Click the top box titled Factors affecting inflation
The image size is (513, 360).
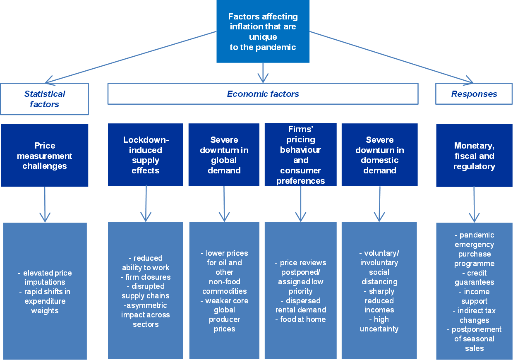point(263,31)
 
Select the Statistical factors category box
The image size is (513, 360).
point(45,99)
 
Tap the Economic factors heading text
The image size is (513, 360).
point(263,94)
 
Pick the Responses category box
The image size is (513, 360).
point(474,94)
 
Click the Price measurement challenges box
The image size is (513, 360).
point(45,156)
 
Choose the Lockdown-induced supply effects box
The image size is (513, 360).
point(146,155)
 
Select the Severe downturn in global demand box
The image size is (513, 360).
point(224,155)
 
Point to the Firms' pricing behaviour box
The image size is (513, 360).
point(301,155)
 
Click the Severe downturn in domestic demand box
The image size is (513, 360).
point(379,155)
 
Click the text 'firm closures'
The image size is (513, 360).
point(146,277)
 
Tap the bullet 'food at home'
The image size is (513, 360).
point(301,319)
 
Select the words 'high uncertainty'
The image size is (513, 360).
point(379,324)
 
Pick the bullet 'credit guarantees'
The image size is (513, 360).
point(474,278)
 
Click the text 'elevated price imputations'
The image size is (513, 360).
point(45,277)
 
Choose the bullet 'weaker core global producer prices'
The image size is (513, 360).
point(225,314)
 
